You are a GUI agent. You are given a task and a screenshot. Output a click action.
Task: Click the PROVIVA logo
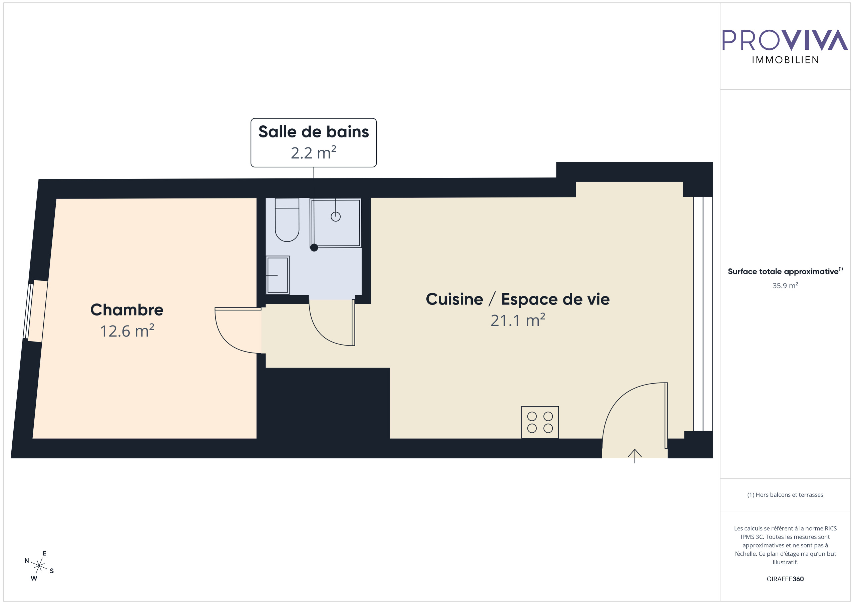click(x=785, y=40)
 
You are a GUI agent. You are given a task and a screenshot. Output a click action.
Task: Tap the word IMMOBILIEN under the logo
click(x=785, y=60)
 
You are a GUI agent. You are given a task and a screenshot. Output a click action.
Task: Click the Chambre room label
click(x=127, y=310)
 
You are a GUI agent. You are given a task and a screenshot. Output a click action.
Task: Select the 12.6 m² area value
click(x=127, y=331)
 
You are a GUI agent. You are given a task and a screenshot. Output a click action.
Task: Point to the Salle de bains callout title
click(x=314, y=132)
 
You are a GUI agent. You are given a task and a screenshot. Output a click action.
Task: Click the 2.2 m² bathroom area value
click(x=314, y=153)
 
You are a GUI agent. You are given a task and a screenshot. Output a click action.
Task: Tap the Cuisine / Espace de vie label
click(x=517, y=299)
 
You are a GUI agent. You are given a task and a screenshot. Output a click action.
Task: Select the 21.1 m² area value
click(x=517, y=320)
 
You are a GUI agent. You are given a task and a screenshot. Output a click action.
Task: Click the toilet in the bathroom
click(x=287, y=221)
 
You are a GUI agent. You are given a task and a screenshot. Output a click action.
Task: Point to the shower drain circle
click(x=336, y=216)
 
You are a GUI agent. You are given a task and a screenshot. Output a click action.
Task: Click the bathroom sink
click(x=278, y=275)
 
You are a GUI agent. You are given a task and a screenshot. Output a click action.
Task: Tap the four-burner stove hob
click(x=540, y=422)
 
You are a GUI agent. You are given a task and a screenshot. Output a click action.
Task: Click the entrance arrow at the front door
click(x=634, y=455)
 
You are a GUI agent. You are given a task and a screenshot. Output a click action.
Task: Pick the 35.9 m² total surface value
click(x=785, y=285)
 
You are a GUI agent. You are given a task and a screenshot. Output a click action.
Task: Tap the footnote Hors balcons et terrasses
click(x=785, y=495)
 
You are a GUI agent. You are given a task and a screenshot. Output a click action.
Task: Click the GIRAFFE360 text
click(x=785, y=579)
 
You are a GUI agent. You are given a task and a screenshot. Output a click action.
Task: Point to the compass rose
click(x=39, y=566)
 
